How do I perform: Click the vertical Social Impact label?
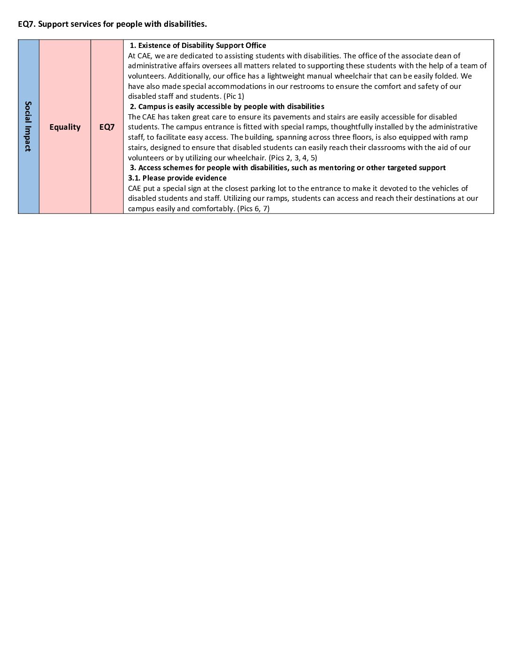pyautogui.click(x=28, y=126)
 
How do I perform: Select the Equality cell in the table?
pyautogui.click(x=65, y=127)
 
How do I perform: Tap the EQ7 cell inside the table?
pyautogui.click(x=107, y=127)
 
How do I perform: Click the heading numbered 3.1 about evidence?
pyautogui.click(x=177, y=178)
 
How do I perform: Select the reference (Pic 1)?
pyautogui.click(x=234, y=96)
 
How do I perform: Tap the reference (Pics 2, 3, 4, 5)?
pyautogui.click(x=293, y=158)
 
